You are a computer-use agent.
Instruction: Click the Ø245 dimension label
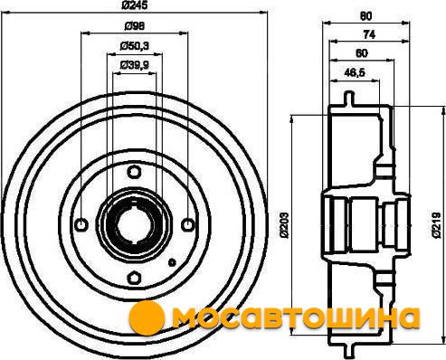tap(134, 5)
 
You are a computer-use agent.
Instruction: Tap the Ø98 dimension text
tap(135, 26)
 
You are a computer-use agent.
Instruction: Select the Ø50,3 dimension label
tap(135, 46)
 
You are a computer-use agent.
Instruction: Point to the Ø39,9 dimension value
tap(135, 64)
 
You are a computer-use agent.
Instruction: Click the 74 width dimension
tap(369, 35)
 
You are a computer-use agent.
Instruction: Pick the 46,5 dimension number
tap(355, 72)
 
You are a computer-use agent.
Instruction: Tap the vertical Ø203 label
tap(285, 225)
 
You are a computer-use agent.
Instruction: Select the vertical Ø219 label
tap(436, 225)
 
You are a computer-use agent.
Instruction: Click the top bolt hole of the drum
tap(134, 172)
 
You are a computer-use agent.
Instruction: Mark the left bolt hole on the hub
tap(81, 224)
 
